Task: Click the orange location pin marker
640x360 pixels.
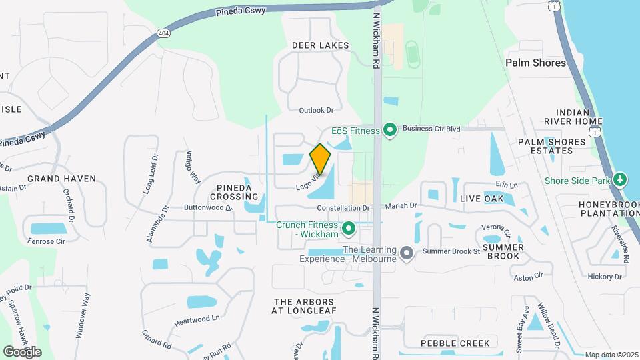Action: pyautogui.click(x=321, y=159)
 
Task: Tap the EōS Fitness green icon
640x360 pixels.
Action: pyautogui.click(x=391, y=131)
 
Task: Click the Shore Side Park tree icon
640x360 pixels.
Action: pyautogui.click(x=621, y=180)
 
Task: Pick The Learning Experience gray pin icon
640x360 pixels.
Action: pyautogui.click(x=408, y=252)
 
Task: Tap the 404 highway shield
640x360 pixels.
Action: pyautogui.click(x=163, y=32)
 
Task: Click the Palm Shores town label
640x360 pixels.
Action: pyautogui.click(x=535, y=63)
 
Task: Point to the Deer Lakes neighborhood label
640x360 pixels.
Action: pyautogui.click(x=321, y=45)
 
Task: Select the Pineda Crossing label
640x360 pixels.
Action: pyautogui.click(x=234, y=191)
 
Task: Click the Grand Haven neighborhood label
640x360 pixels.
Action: pyautogui.click(x=61, y=179)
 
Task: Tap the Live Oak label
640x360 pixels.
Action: pyautogui.click(x=481, y=199)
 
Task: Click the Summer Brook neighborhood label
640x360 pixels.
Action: pyautogui.click(x=503, y=251)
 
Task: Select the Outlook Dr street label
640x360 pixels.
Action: pyautogui.click(x=316, y=110)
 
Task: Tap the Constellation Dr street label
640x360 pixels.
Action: pyautogui.click(x=343, y=209)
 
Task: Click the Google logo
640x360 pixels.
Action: pyautogui.click(x=22, y=351)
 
